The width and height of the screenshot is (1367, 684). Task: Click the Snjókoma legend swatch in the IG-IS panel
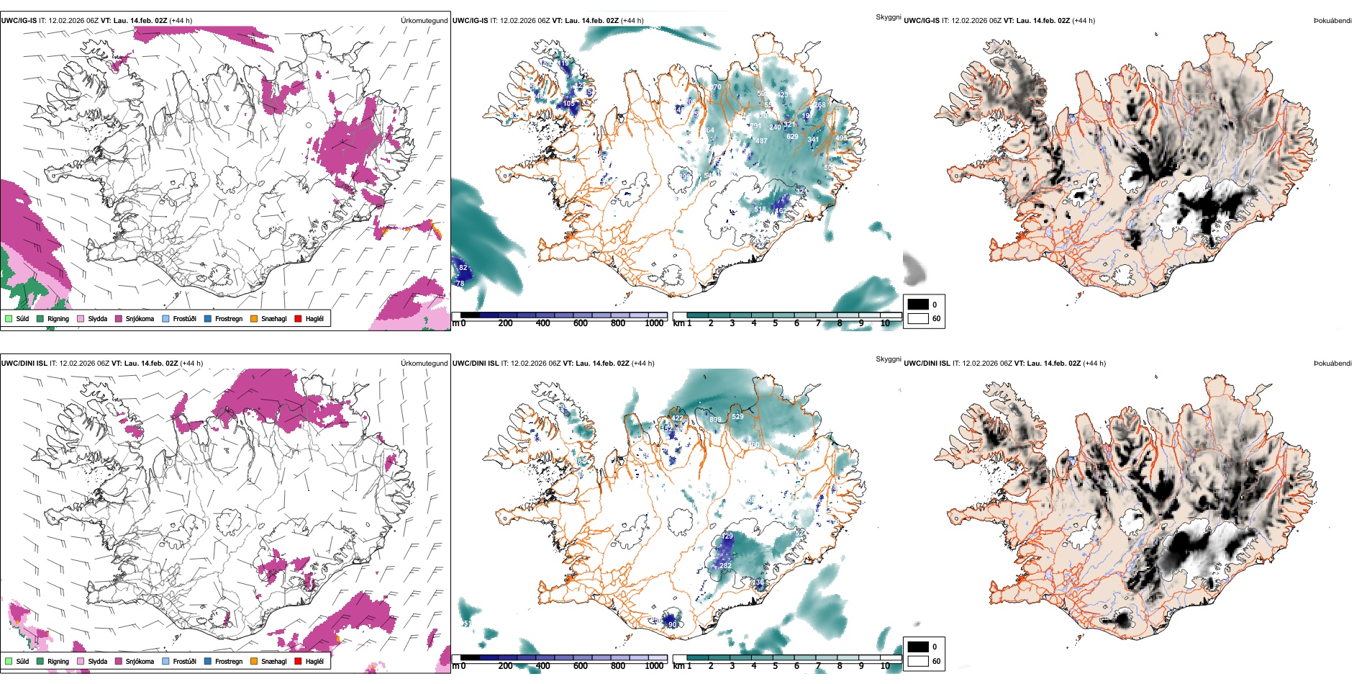[119, 318]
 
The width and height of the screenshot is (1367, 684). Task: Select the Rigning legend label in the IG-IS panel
[58, 319]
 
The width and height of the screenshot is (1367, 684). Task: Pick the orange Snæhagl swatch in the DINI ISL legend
[254, 661]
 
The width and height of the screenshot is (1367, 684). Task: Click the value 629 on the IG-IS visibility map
[792, 136]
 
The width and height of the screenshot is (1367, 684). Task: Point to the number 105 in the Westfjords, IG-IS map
[569, 104]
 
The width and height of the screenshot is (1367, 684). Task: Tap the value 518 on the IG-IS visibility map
[760, 210]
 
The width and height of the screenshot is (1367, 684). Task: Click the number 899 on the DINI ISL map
[715, 420]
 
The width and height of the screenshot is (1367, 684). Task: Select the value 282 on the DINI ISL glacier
[725, 566]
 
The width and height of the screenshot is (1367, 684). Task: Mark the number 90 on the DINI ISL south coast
[672, 625]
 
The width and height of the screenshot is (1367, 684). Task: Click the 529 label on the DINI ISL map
[737, 417]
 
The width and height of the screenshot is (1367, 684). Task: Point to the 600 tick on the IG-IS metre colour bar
[580, 324]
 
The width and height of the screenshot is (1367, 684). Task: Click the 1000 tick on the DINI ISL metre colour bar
[654, 666]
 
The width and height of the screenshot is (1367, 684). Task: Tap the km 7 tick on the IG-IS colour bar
[818, 324]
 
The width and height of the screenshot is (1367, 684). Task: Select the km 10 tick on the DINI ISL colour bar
[885, 666]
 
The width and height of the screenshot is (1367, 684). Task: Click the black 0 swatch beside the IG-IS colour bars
[918, 305]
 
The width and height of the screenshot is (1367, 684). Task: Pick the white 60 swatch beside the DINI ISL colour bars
[918, 661]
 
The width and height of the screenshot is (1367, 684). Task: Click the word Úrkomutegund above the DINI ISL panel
[424, 363]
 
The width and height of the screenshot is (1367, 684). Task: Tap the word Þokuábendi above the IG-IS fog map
[1332, 21]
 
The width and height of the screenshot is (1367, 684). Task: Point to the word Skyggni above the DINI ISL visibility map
[888, 359]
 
